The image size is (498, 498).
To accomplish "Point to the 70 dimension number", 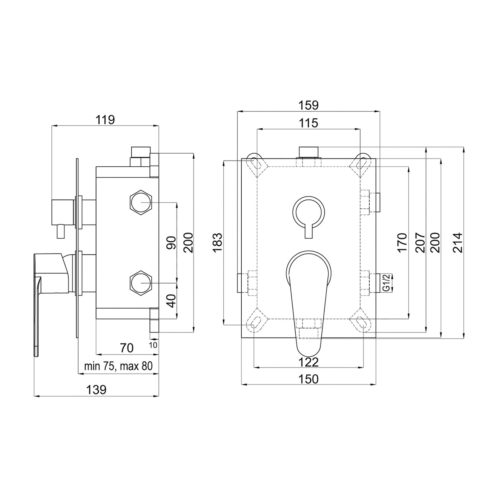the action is (x=127, y=348).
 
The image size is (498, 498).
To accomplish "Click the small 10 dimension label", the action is (x=153, y=345).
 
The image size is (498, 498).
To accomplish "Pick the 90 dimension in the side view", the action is (x=171, y=242).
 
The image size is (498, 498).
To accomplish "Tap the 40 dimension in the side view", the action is (x=171, y=301).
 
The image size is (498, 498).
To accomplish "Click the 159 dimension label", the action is (x=309, y=105).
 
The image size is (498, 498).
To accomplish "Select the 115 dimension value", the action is (x=309, y=123).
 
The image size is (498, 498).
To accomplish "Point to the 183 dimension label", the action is (x=218, y=242).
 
